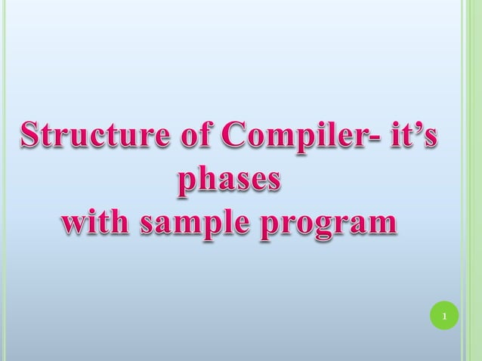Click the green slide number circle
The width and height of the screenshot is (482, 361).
tap(445, 315)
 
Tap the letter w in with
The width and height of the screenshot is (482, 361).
tap(73, 224)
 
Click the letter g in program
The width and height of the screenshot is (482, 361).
tap(322, 227)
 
